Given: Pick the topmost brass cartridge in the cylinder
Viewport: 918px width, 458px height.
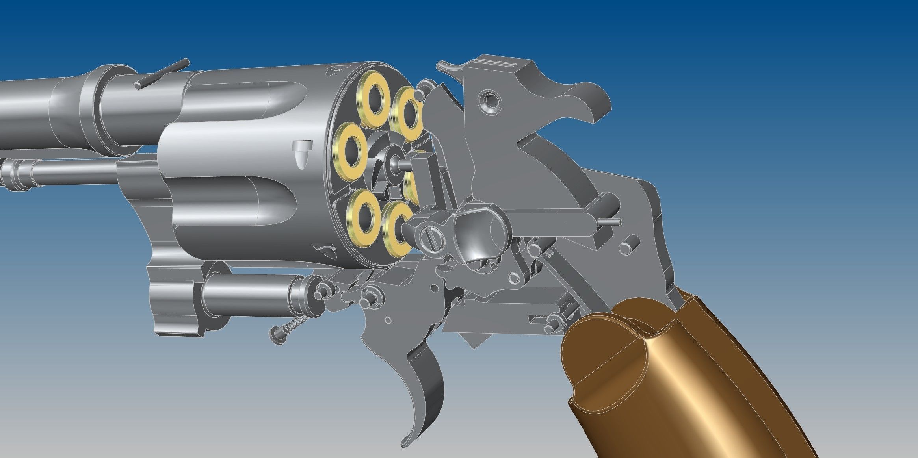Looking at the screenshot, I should [x=373, y=100].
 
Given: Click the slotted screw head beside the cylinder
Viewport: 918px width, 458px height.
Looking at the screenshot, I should [x=432, y=238].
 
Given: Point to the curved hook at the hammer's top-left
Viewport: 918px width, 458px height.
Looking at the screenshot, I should [x=447, y=67].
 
